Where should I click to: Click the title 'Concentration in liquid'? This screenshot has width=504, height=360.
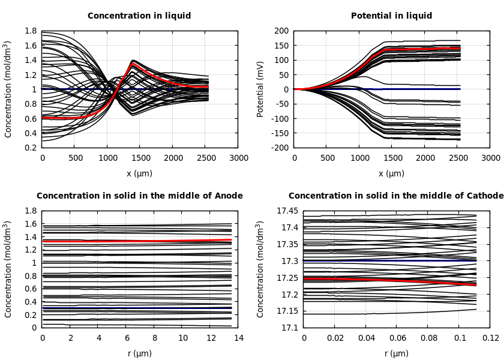click(139, 16)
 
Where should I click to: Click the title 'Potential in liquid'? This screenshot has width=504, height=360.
click(391, 16)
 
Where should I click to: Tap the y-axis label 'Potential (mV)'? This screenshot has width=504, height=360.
click(260, 89)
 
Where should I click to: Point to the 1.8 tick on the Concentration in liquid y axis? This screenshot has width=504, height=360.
click(31, 31)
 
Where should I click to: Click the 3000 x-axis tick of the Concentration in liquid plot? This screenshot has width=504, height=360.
click(238, 158)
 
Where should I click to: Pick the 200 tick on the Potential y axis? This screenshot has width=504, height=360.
click(281, 31)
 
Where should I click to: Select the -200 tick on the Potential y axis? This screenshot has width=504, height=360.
click(280, 148)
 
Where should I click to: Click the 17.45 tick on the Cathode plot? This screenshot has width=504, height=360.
click(287, 211)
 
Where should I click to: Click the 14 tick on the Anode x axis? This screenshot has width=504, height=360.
click(238, 338)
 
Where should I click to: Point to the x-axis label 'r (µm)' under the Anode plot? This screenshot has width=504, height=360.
click(139, 353)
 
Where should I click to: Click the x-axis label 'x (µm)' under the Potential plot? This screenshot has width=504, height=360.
click(391, 173)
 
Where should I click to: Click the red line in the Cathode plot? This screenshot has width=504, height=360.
click(390, 280)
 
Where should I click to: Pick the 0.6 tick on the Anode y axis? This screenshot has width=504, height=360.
click(31, 289)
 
